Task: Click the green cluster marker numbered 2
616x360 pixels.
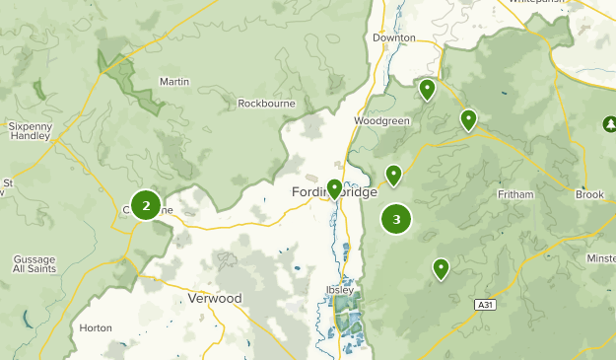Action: (146, 205)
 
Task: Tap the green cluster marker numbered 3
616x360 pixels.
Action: (396, 219)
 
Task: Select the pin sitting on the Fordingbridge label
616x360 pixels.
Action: (334, 187)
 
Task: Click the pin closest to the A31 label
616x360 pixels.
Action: (441, 267)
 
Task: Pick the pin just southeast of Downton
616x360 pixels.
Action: (427, 89)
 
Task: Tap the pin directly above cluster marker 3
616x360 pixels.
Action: (393, 175)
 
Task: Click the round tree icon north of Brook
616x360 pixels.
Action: (608, 123)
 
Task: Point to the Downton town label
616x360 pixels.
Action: (393, 37)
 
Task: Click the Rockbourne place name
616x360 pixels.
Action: (266, 103)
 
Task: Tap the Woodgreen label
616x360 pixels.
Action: (381, 121)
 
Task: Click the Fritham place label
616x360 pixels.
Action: (515, 194)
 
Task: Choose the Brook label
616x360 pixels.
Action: (589, 195)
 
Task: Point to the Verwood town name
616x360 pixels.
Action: (214, 298)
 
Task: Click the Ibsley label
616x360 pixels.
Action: (338, 290)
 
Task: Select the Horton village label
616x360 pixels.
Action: (96, 327)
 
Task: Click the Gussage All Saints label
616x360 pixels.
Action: (34, 264)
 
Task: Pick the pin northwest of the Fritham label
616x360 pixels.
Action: (468, 120)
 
